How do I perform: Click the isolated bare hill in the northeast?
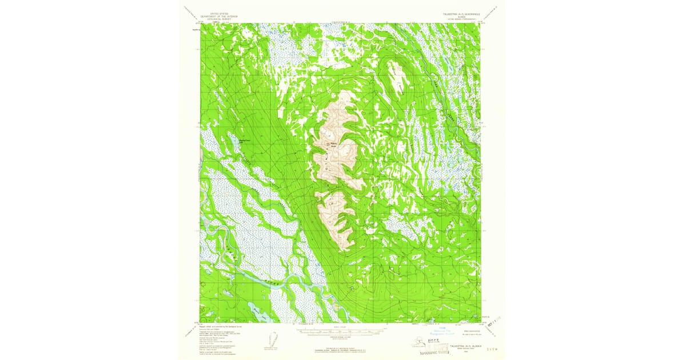tap(396, 75)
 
